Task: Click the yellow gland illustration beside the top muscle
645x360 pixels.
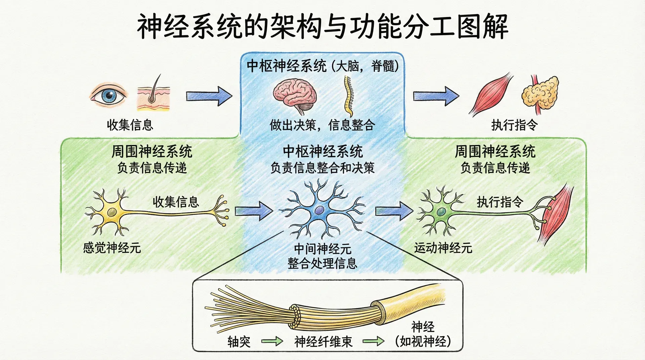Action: pos(540,93)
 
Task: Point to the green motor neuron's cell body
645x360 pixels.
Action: pos(441,212)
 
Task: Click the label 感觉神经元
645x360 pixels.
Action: pos(112,248)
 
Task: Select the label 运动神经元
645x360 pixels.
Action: pos(443,248)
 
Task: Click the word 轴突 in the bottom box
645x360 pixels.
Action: pos(239,342)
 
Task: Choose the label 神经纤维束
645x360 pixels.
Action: pos(323,342)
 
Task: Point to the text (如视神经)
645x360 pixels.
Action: pos(423,341)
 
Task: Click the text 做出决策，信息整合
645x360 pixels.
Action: pos(322,125)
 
